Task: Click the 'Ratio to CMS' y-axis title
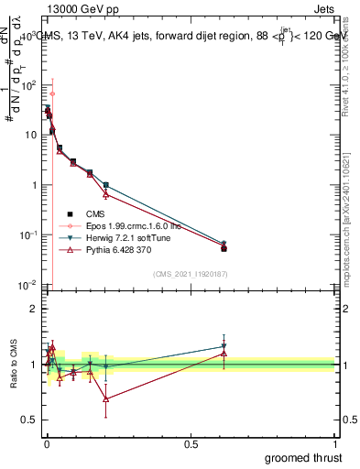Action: [x=12, y=364]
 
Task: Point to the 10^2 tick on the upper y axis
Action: [x=27, y=84]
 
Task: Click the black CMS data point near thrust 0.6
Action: [x=224, y=248]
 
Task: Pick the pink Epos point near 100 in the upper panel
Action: [x=52, y=93]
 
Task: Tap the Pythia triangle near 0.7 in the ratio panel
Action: [x=106, y=398]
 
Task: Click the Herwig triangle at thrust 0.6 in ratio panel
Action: [x=224, y=347]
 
